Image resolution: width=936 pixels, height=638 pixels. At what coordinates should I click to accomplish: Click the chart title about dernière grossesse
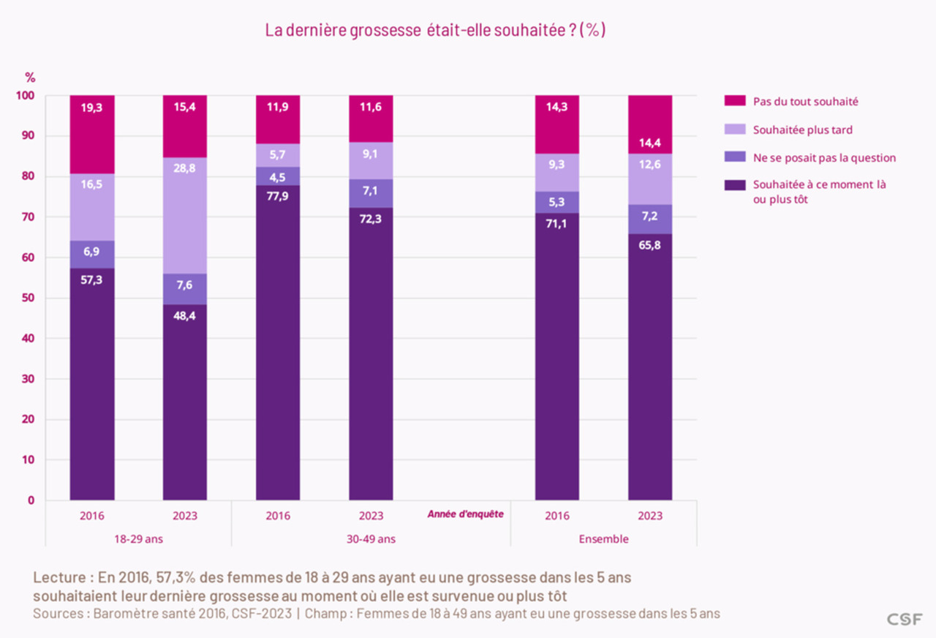coord(434,31)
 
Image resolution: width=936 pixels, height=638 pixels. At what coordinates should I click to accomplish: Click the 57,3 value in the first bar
coord(92,279)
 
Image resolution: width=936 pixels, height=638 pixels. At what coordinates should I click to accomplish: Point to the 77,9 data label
coord(278,195)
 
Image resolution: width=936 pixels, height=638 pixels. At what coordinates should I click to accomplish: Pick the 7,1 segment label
coord(371,189)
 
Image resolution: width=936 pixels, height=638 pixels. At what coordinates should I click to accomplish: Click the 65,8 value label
coord(650,244)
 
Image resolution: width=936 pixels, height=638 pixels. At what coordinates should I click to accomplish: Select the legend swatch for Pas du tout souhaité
coord(734,102)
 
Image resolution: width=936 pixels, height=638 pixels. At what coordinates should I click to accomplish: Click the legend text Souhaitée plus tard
coord(803,130)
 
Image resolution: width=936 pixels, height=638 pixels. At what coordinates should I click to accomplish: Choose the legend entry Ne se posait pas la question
coord(824,157)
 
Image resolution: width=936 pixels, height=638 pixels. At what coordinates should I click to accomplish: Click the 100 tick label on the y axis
coord(25,96)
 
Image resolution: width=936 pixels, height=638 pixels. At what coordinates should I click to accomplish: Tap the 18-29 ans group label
coord(138,539)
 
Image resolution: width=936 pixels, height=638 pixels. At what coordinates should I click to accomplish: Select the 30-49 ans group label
coord(371,539)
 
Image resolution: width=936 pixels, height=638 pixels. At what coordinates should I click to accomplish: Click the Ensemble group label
coord(603,539)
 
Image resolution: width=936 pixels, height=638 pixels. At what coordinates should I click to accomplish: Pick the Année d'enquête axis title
coord(465,514)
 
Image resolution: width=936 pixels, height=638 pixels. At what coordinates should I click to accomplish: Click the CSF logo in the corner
coord(905,619)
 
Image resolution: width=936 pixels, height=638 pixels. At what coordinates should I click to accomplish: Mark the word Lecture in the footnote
coord(58,577)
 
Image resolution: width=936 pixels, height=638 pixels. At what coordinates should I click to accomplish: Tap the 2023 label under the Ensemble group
coord(650,516)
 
